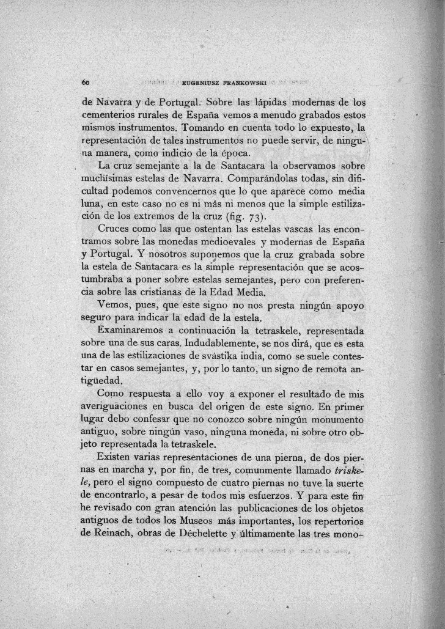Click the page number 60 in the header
(x=86, y=81)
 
